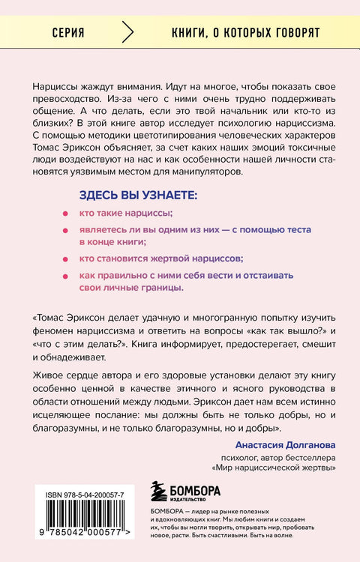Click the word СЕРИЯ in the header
pyautogui.click(x=68, y=34)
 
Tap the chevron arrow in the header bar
pyautogui.click(x=127, y=34)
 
